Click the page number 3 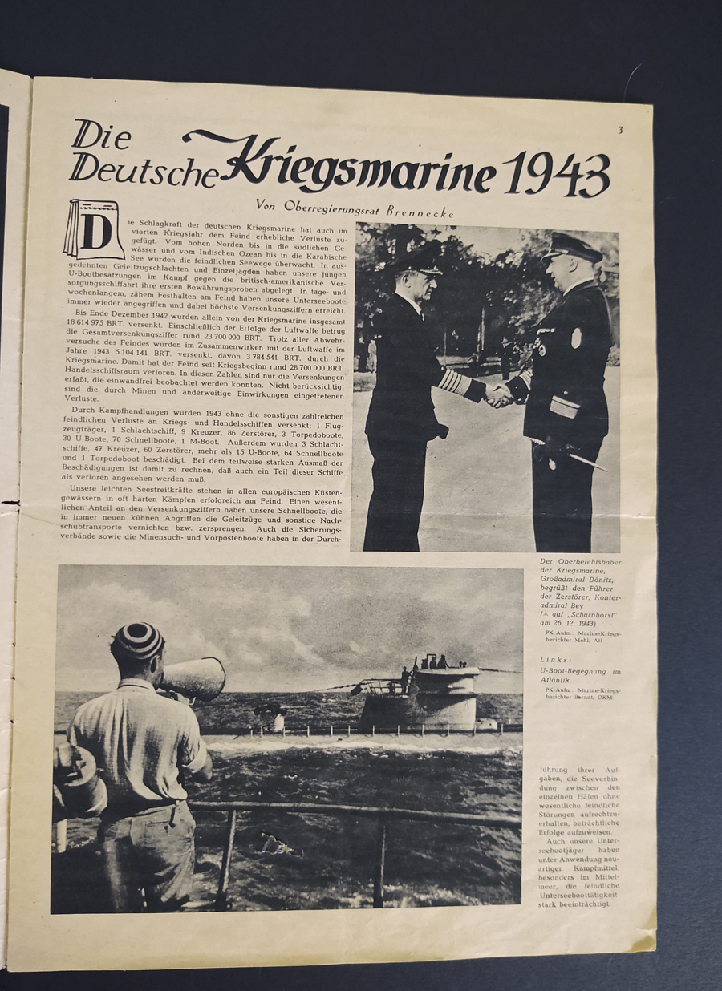(620, 130)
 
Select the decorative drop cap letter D (95, 230)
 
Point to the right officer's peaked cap (571, 248)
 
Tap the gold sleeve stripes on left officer (454, 382)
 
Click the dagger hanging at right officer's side (579, 459)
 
